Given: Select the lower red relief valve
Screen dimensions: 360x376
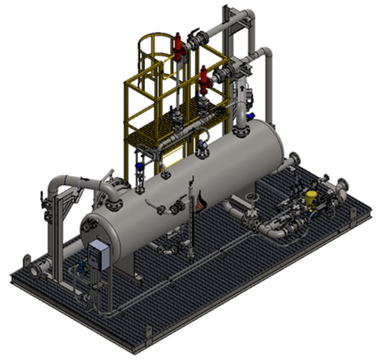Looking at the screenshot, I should (204, 79).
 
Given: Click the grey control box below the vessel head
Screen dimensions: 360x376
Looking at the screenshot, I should (99, 253).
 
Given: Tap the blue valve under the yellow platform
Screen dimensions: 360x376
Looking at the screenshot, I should (139, 166).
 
